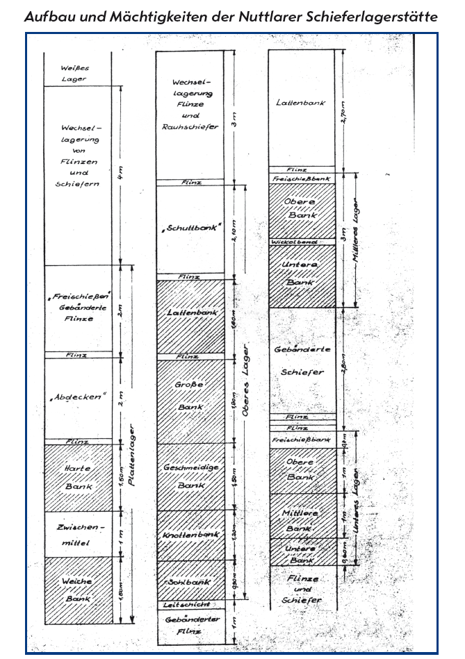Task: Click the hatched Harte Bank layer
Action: point(78,477)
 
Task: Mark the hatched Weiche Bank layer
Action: point(78,590)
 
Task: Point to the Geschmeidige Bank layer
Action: point(190,476)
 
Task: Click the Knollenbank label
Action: point(190,536)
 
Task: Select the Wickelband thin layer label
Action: point(301,242)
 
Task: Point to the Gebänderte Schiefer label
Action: point(301,360)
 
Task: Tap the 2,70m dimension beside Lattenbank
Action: point(345,111)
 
